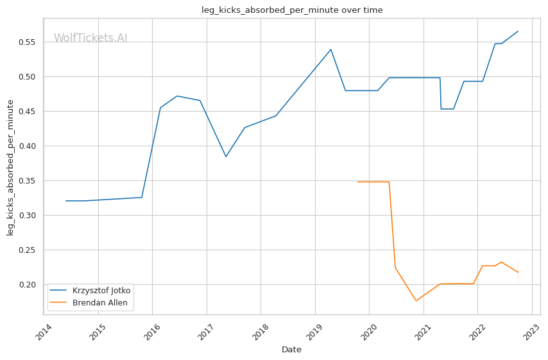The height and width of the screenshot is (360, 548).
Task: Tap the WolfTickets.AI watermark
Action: click(x=90, y=39)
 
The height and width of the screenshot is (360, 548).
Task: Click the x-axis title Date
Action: click(x=291, y=350)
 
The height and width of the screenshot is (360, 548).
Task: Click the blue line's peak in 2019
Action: click(x=330, y=49)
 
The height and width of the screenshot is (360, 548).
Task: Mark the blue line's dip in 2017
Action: click(x=226, y=157)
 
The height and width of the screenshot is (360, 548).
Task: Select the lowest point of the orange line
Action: click(x=416, y=301)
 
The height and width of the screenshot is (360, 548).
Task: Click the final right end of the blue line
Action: click(x=518, y=31)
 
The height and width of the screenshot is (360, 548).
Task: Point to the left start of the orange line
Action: click(x=358, y=182)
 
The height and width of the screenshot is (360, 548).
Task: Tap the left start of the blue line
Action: click(x=66, y=201)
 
